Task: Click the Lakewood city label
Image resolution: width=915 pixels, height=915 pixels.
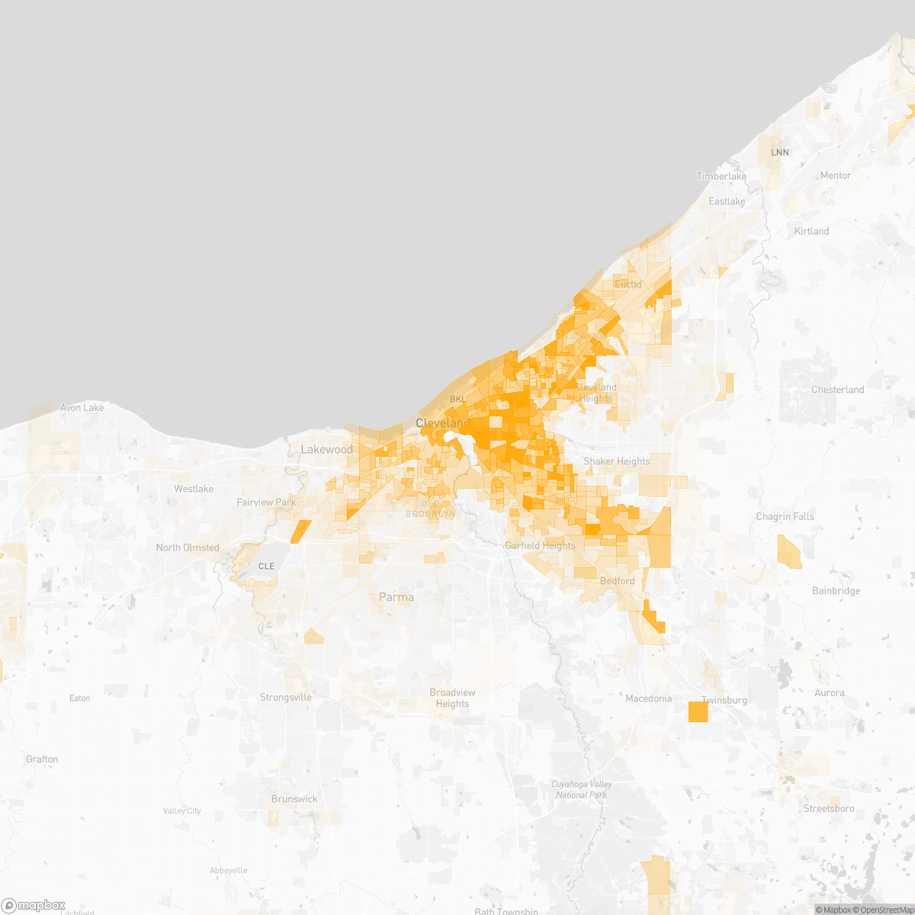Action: (326, 449)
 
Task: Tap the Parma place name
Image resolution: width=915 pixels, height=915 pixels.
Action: (396, 597)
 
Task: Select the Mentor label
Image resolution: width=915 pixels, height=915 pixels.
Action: (835, 175)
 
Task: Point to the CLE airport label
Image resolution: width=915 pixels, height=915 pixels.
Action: (266, 566)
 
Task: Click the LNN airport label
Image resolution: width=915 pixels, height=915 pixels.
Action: (779, 152)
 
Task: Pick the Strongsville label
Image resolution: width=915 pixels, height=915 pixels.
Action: (285, 698)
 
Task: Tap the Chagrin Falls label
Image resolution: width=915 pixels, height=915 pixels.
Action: (785, 516)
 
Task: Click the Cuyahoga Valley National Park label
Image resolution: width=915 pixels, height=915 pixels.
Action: (583, 789)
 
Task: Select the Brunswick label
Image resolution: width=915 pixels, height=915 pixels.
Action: (294, 799)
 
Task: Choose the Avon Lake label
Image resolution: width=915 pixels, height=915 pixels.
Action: (82, 408)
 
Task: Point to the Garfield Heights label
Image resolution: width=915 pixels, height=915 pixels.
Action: (540, 546)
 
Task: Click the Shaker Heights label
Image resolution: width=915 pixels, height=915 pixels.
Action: (616, 461)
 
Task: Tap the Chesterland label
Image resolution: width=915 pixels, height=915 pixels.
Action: (837, 390)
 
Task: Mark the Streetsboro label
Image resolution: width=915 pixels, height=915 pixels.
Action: (829, 808)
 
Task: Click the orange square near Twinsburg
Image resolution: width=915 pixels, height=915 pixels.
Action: (698, 711)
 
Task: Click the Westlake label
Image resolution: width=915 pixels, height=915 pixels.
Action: (194, 489)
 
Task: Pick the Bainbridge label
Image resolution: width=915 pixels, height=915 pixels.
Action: (836, 591)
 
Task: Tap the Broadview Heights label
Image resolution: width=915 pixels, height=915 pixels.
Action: (452, 698)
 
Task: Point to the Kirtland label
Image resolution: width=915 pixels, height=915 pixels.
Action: (811, 231)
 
